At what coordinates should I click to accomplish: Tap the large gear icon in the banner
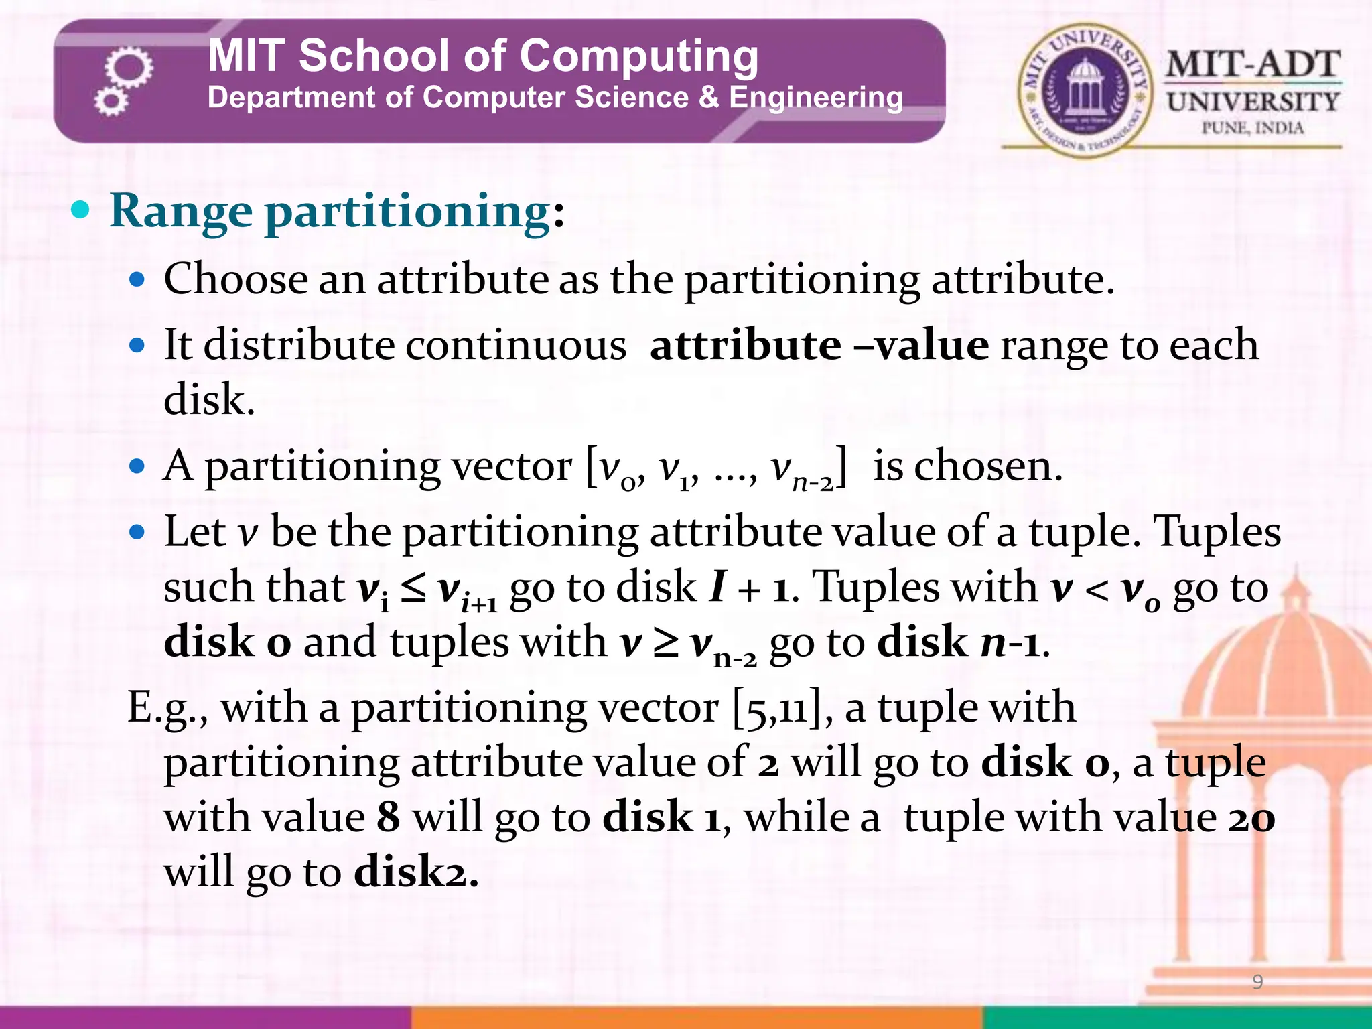tap(129, 68)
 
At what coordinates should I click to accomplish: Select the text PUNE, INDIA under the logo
tap(1252, 127)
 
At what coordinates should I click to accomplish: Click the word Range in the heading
tap(181, 211)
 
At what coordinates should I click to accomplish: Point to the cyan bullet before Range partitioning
tap(80, 210)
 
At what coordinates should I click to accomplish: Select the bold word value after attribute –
tap(932, 346)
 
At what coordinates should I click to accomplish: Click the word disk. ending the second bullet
tap(209, 400)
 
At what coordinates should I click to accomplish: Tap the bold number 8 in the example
tap(389, 817)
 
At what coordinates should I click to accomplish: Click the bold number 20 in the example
tap(1251, 817)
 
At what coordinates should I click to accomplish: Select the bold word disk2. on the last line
tap(416, 872)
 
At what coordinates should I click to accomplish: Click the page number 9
tap(1257, 982)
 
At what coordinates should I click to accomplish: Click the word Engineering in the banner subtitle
tap(815, 98)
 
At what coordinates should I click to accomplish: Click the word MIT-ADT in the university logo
tap(1253, 65)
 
